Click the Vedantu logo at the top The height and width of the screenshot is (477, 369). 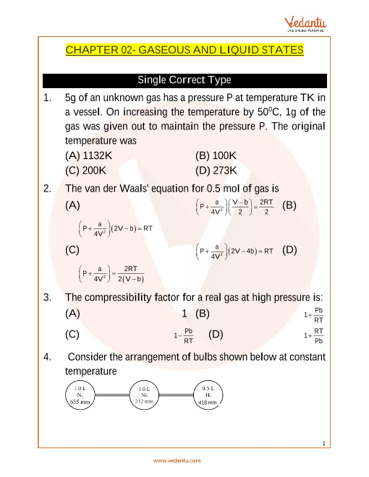coord(305,25)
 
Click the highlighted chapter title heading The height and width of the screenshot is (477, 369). coord(184,50)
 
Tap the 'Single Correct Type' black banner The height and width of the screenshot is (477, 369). coord(184,80)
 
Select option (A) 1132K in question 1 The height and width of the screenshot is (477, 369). coord(88,156)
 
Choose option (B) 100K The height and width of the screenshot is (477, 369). coord(216,156)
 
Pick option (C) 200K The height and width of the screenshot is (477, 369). coord(85,171)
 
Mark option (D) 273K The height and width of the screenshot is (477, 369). coord(216,171)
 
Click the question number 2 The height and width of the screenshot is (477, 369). coord(47,189)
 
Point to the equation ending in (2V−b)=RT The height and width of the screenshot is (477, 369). coord(116,229)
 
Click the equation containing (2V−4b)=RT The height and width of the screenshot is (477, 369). coord(234,252)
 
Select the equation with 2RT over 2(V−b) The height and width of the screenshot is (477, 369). coord(111,274)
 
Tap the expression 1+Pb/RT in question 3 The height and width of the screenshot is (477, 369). coord(313,315)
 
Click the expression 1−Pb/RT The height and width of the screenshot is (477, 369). coord(184,336)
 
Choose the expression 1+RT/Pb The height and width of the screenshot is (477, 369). coord(313,336)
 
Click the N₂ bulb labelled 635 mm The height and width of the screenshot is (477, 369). coord(80,395)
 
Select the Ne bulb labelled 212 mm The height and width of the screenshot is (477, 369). coord(144,395)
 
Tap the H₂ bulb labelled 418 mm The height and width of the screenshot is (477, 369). coord(208,395)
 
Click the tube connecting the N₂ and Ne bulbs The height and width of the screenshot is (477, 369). coord(112,395)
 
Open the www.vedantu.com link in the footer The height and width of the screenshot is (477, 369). coord(177,460)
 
